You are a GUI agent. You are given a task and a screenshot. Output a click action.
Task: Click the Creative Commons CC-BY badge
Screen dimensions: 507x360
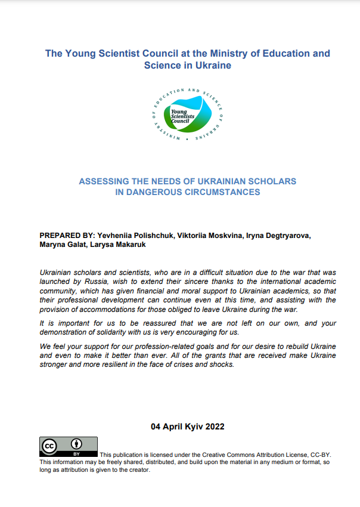click(x=69, y=446)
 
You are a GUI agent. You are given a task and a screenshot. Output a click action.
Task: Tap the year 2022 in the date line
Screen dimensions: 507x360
click(x=213, y=426)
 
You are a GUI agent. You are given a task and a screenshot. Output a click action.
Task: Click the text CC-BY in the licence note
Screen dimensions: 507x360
click(x=320, y=455)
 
